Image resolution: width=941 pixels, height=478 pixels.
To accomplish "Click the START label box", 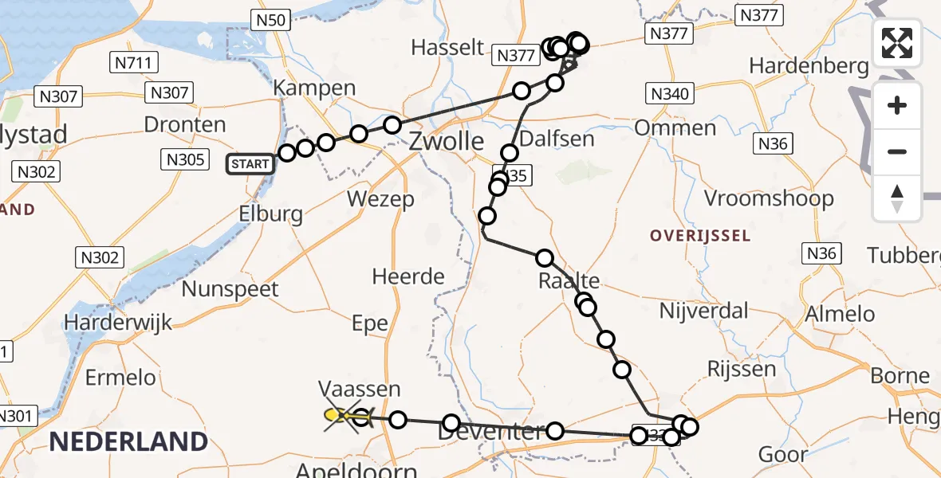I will [x=250, y=164].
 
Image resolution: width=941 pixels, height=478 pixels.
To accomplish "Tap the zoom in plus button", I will [x=897, y=105].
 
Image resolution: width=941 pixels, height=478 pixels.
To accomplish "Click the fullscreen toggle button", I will [x=897, y=43].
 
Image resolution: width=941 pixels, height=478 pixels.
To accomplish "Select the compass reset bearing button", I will [x=897, y=198].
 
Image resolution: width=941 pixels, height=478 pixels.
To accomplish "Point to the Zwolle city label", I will [x=446, y=143].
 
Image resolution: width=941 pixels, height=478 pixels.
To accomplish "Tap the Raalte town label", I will [x=569, y=280].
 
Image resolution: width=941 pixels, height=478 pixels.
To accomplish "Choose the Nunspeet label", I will [x=230, y=288].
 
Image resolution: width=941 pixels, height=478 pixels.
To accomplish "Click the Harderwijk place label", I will [x=119, y=323].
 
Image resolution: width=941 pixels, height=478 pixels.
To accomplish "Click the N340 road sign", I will [x=668, y=94].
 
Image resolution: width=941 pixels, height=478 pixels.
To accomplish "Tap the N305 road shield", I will [x=184, y=159].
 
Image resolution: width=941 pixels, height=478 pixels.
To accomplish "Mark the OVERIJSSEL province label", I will [x=699, y=236].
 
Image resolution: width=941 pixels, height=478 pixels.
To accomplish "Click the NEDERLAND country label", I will [x=129, y=441].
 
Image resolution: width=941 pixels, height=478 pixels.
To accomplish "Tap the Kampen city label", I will [x=314, y=88].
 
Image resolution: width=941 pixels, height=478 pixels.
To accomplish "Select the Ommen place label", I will [x=675, y=127].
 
